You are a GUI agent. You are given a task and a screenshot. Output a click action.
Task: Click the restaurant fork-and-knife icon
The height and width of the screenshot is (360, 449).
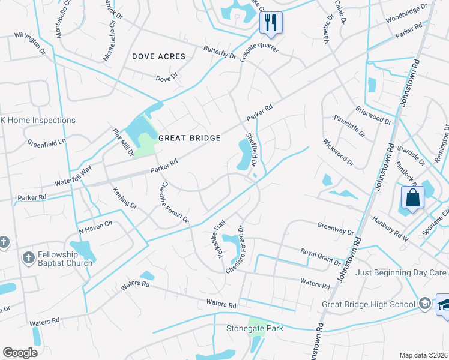click(271, 23)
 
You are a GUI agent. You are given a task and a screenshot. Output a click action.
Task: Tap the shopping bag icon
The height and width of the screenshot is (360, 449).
click(414, 197)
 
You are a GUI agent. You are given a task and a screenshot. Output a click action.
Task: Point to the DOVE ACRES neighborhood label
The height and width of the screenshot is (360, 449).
click(158, 56)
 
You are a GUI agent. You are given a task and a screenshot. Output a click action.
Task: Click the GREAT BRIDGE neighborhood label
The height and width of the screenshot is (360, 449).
click(189, 138)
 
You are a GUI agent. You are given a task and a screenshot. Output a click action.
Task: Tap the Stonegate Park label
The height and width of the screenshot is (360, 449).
click(254, 328)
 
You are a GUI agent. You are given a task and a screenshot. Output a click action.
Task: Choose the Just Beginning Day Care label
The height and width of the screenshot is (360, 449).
click(401, 272)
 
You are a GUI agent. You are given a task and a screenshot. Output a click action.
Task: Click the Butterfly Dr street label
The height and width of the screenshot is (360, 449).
click(220, 52)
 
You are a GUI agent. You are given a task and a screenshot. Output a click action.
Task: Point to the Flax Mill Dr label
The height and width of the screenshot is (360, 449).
click(123, 142)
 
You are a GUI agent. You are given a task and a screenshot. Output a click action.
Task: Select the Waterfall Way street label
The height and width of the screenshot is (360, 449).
click(73, 171)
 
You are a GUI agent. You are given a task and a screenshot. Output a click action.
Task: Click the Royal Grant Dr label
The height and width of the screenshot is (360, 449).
click(320, 256)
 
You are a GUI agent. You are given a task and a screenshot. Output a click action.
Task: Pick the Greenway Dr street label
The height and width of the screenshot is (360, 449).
click(335, 228)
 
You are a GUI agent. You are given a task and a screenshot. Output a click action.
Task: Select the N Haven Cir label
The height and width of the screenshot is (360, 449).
click(95, 226)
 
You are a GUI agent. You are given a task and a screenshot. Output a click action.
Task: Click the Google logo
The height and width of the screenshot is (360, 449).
click(20, 353)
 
